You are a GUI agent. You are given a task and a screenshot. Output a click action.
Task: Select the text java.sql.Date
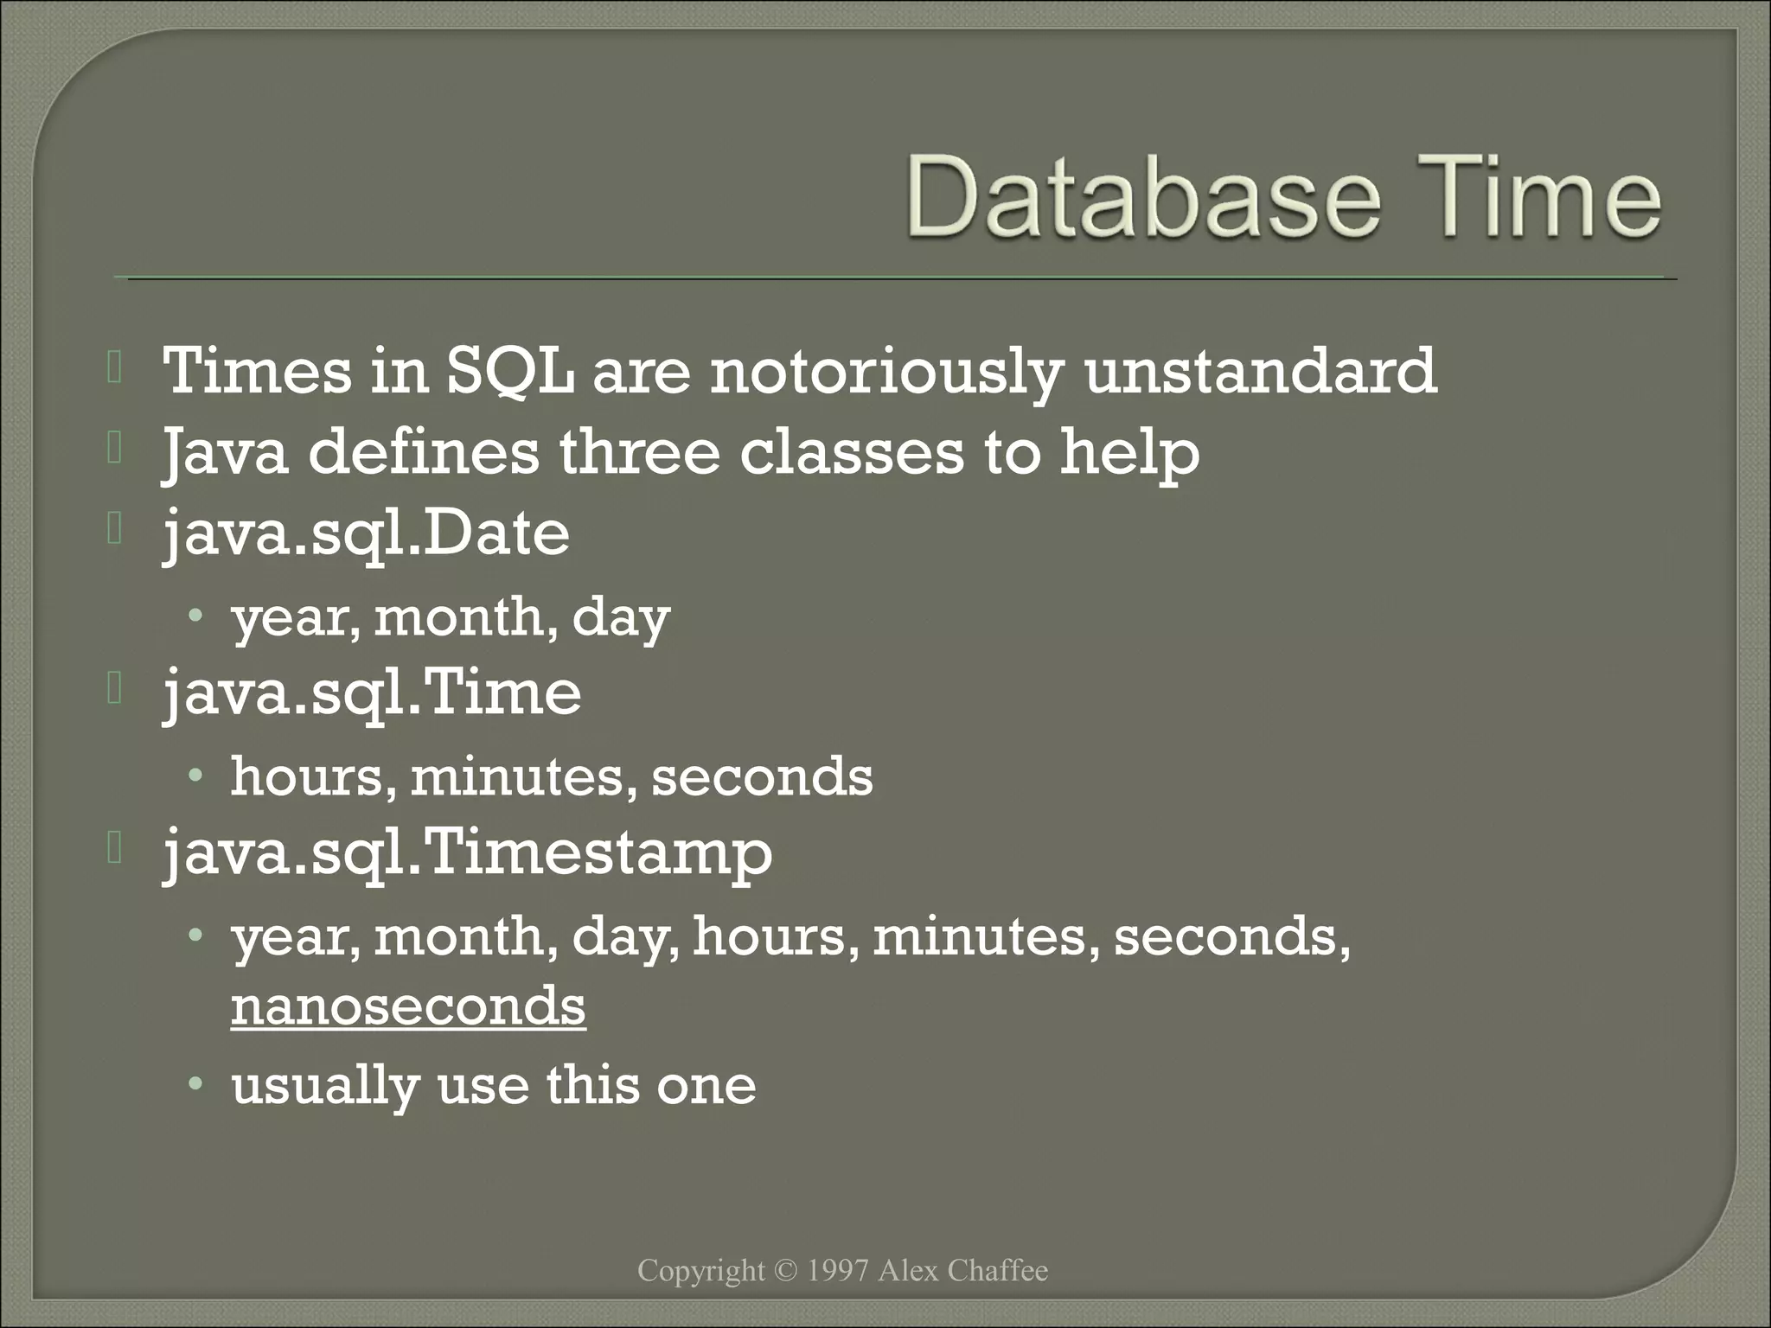point(367,533)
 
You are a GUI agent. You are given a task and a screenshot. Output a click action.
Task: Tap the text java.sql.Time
point(373,693)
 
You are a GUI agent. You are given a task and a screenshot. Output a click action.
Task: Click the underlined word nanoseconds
point(408,1006)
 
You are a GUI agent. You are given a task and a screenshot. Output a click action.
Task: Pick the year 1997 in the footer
point(837,1271)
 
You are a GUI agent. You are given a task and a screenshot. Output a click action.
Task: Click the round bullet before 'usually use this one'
point(197,1083)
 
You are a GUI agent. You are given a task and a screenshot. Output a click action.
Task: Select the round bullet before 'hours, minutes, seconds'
point(197,775)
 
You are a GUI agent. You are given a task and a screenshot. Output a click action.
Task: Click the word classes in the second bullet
point(851,452)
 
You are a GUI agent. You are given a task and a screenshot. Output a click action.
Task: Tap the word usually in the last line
point(325,1086)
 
